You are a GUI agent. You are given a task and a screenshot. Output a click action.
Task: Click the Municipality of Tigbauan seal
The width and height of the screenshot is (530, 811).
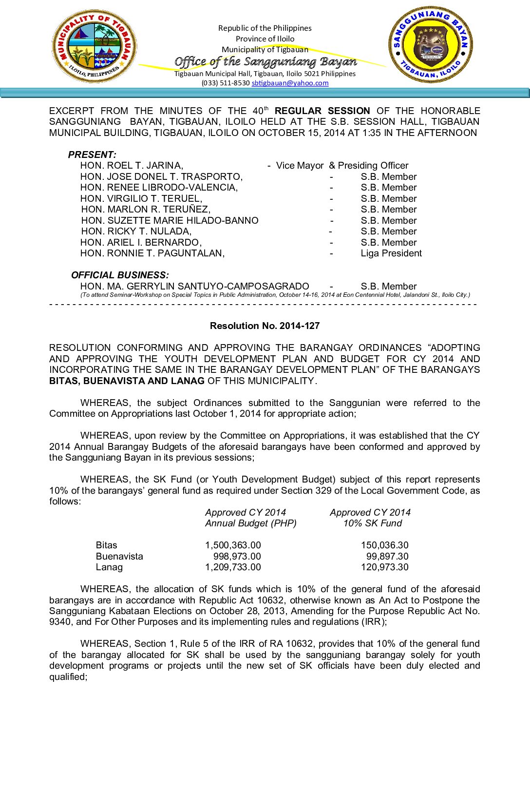(94, 46)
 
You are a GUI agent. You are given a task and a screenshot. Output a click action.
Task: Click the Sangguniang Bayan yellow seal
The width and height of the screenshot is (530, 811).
(430, 44)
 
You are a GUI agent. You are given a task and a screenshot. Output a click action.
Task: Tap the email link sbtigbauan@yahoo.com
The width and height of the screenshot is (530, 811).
(290, 83)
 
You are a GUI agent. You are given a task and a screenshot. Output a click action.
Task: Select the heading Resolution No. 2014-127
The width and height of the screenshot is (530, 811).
(265, 326)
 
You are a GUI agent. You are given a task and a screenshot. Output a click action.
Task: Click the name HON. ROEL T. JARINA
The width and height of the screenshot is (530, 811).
(132, 166)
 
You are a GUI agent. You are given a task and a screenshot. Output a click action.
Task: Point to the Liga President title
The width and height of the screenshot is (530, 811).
(391, 253)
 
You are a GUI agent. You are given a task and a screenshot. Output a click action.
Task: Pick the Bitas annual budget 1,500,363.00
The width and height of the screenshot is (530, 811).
(233, 545)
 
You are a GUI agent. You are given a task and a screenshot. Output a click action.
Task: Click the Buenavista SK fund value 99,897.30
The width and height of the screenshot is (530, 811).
(387, 557)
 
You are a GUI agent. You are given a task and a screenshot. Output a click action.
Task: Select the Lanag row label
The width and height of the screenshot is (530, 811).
(109, 567)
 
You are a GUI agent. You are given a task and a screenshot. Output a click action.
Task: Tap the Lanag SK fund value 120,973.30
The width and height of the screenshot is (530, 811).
(384, 567)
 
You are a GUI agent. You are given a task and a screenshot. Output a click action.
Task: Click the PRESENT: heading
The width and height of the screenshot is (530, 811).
(92, 155)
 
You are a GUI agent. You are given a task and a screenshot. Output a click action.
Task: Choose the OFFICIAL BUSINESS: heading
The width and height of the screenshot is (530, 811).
(120, 275)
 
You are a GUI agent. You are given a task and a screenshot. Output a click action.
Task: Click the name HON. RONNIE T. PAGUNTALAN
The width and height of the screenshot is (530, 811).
(152, 253)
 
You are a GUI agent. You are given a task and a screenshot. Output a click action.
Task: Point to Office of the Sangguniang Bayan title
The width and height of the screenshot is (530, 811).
(265, 62)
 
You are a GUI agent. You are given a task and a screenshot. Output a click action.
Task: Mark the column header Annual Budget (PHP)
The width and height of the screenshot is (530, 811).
(250, 523)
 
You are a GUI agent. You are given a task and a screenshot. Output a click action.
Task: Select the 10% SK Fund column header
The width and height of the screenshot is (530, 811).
(372, 523)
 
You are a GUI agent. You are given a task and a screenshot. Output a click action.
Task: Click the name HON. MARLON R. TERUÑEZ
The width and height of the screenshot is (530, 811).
(146, 210)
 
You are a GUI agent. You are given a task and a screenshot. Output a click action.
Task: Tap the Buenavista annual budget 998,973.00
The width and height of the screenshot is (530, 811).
(237, 557)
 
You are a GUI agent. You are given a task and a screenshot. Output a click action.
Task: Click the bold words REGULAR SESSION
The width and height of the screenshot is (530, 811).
(322, 111)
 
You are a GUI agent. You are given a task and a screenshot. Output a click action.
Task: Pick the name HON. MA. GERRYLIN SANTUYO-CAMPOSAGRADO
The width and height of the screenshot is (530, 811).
(194, 287)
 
